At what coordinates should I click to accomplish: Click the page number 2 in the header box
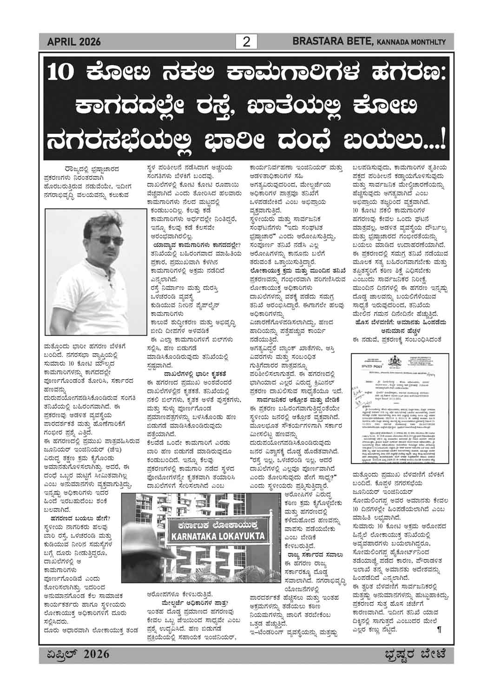pos(246,42)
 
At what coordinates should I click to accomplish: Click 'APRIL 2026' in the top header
pos(74,43)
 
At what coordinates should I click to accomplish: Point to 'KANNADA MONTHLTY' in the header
pos(411,43)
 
